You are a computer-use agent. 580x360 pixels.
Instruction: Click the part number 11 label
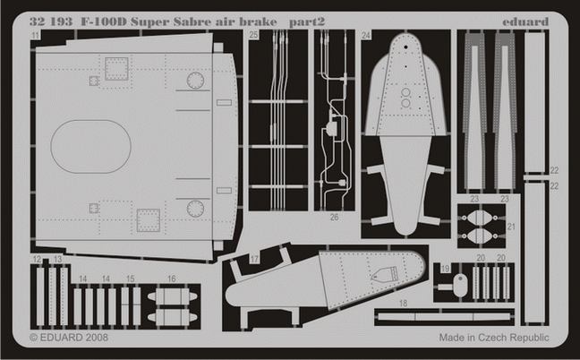tap(34, 35)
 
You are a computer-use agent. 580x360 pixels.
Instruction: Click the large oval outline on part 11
tap(91, 147)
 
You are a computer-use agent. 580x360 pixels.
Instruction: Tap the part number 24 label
tap(366, 36)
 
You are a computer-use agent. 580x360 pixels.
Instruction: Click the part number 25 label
tap(254, 36)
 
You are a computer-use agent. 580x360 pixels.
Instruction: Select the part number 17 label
tap(254, 261)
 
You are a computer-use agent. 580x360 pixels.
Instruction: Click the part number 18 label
tap(403, 304)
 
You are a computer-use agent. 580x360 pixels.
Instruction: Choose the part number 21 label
tap(511, 227)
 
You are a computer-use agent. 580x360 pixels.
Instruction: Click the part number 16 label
tap(170, 279)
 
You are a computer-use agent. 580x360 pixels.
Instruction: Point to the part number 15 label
tap(131, 279)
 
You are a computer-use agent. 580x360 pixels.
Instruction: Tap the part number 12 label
tap(37, 259)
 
